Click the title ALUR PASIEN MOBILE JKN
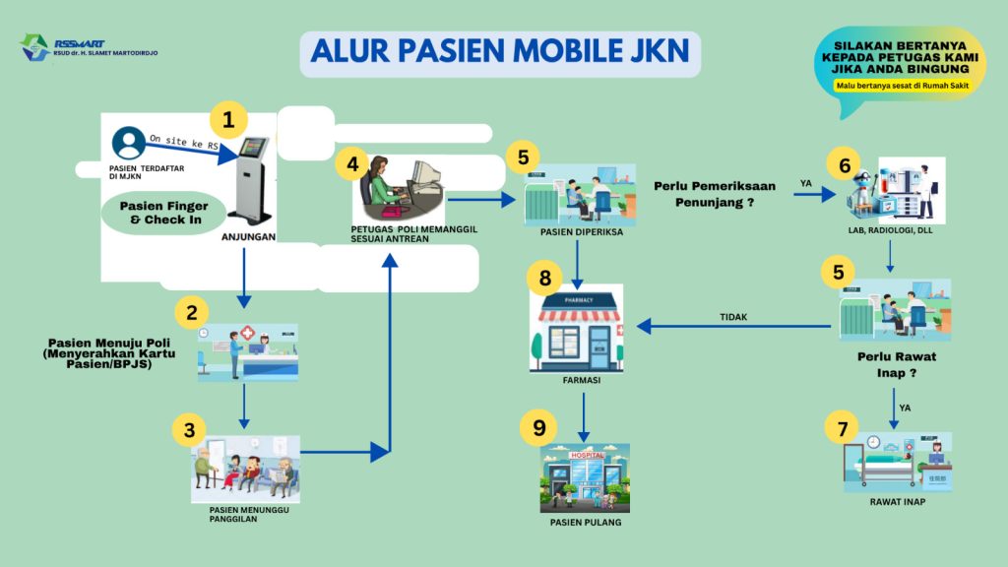pos(500,52)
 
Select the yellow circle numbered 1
pos(228,121)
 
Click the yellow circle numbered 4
pos(352,164)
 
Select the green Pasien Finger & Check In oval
pos(161,214)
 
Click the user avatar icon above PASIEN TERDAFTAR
pos(128,144)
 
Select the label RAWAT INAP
pos(897,502)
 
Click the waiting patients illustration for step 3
pos(245,467)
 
